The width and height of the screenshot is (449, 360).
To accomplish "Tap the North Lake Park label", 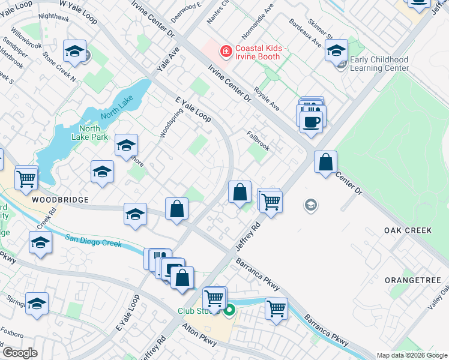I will point(94,133).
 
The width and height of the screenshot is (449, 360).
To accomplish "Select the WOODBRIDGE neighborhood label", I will point(60,199).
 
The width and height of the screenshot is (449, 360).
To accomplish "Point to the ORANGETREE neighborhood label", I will point(412,280).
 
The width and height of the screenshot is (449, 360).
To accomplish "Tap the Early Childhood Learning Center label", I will point(379,64).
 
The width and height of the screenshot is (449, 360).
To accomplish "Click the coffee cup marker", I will point(310,121).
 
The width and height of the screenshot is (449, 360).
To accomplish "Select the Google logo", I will point(20,353).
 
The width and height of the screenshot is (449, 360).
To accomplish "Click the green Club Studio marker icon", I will point(229,311).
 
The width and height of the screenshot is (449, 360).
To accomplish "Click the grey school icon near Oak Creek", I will point(310,206).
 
